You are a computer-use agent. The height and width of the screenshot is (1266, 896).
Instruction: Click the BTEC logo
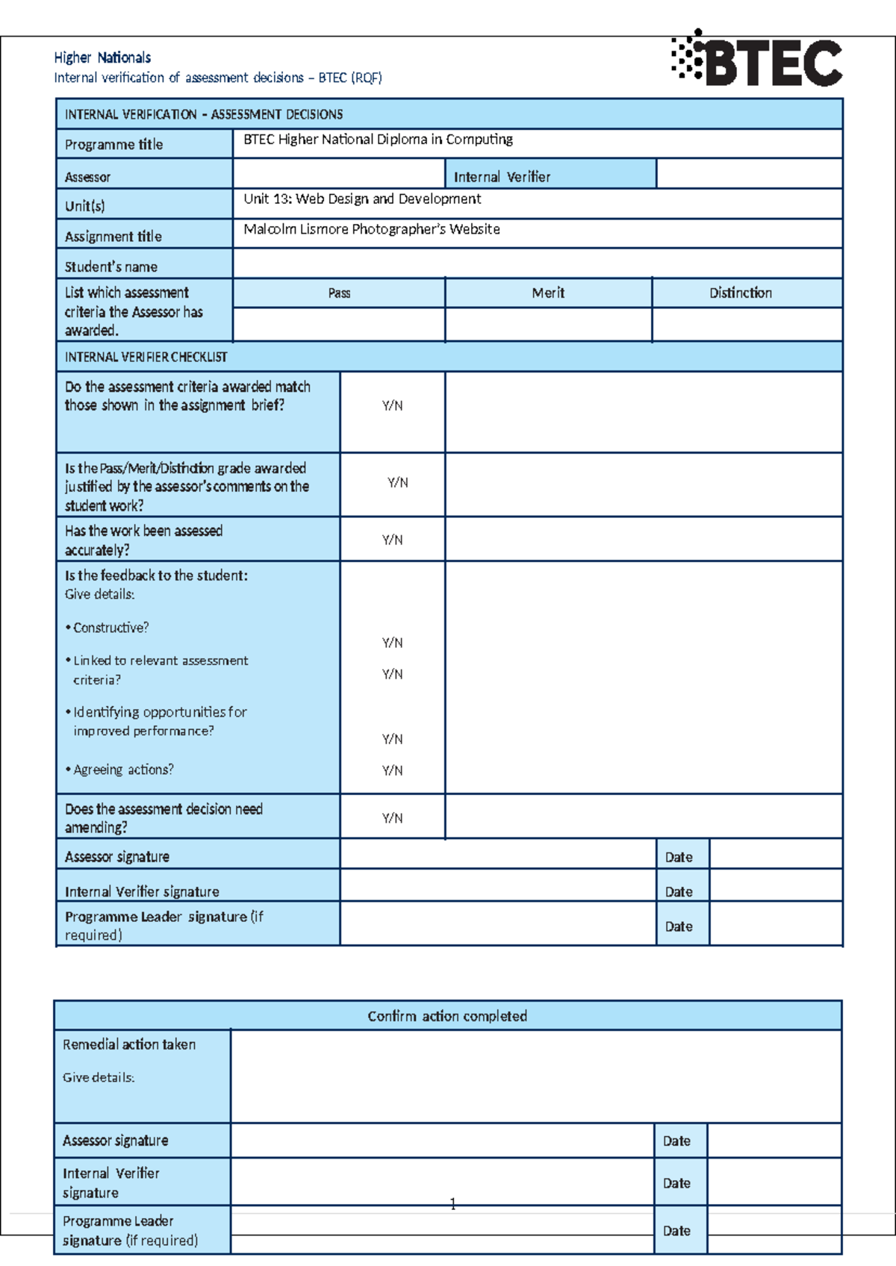pos(757,60)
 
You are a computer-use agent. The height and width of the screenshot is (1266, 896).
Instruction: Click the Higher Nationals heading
pos(102,57)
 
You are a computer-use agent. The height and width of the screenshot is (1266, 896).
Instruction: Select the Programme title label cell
pos(113,144)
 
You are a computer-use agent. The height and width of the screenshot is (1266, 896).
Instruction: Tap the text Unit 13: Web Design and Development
pos(362,199)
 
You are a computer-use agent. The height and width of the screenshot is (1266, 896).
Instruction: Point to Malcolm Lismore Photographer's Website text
pos(372,229)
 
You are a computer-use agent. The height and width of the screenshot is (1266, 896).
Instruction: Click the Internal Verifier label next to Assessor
pos(502,177)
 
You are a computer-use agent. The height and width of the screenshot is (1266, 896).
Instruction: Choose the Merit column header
pos(548,293)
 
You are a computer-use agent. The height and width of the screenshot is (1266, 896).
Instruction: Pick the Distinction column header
pos(740,293)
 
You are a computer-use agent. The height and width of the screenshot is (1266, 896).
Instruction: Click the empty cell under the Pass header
pos(339,325)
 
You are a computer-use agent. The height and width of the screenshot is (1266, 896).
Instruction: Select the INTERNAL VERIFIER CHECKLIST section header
pos(146,357)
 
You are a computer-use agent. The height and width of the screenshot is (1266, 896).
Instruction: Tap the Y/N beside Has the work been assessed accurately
pos(392,540)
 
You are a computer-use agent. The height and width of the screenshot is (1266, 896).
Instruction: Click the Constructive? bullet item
pos(111,628)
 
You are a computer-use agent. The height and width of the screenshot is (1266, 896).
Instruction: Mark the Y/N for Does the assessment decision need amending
pos(392,818)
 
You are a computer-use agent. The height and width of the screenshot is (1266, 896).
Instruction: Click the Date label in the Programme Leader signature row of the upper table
pos(679,926)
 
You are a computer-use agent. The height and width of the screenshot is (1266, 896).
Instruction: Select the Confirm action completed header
pos(447,1016)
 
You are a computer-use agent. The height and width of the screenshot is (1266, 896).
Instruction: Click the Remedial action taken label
pos(129,1044)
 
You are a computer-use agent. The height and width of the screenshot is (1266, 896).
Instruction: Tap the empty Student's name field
pos(538,264)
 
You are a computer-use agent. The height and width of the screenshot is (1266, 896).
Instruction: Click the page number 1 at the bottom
pos(452,1203)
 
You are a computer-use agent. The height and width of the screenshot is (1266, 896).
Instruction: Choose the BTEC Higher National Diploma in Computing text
pos(378,140)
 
